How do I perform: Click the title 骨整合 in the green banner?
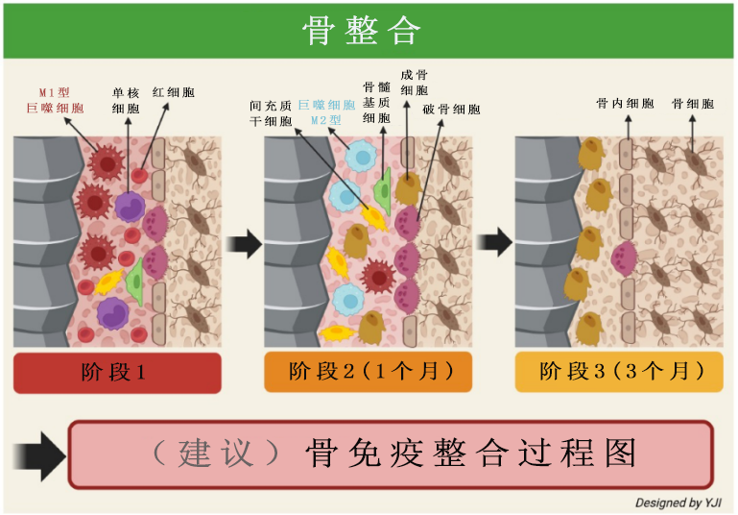pyautogui.click(x=362, y=31)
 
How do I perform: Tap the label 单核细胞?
pyautogui.click(x=126, y=101)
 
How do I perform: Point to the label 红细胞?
pyautogui.click(x=173, y=93)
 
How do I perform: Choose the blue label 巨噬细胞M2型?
pyautogui.click(x=326, y=112)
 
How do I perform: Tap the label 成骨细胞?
pyautogui.click(x=414, y=83)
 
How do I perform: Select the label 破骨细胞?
pyautogui.click(x=451, y=110)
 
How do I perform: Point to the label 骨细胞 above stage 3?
pyautogui.click(x=693, y=103)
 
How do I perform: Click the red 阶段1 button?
pyautogui.click(x=117, y=372)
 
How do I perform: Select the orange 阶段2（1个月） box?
pyautogui.click(x=368, y=372)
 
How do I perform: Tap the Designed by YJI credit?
pyautogui.click(x=679, y=503)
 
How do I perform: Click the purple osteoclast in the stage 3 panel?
pyautogui.click(x=624, y=258)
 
